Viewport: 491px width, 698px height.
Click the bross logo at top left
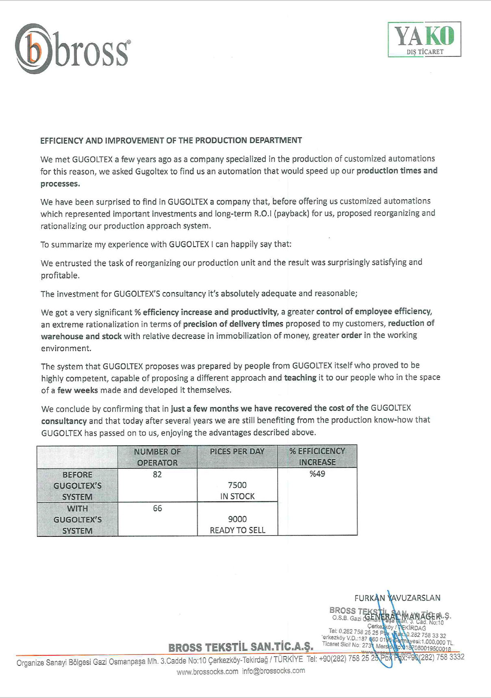click(x=72, y=49)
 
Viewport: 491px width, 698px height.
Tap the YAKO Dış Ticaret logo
click(x=424, y=39)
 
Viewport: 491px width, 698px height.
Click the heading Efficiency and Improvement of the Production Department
click(x=171, y=141)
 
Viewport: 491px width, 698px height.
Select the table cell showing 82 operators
click(x=157, y=475)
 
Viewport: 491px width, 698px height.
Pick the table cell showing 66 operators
click(x=157, y=508)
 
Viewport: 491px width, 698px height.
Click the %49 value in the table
click(x=317, y=474)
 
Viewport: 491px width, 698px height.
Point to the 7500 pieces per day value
click(x=237, y=485)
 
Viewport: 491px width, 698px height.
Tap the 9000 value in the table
click(x=237, y=519)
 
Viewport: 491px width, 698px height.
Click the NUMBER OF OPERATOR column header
click(x=157, y=457)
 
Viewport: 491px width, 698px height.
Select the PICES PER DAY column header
click(x=237, y=451)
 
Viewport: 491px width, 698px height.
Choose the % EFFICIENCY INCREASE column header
click(x=317, y=457)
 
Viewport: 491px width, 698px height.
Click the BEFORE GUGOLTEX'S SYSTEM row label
click(x=77, y=486)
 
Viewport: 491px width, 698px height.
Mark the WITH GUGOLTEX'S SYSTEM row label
click(x=77, y=520)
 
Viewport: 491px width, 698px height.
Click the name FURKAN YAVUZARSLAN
click(x=397, y=598)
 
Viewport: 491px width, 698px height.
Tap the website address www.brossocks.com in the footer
click(x=207, y=672)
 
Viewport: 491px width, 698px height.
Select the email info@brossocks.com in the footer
click(x=274, y=671)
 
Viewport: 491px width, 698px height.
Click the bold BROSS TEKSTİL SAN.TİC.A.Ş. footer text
click(x=241, y=647)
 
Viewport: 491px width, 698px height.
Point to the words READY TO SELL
click(x=237, y=530)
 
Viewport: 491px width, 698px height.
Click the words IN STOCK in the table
click(x=237, y=496)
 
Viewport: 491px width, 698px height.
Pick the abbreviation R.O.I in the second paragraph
click(x=263, y=214)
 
